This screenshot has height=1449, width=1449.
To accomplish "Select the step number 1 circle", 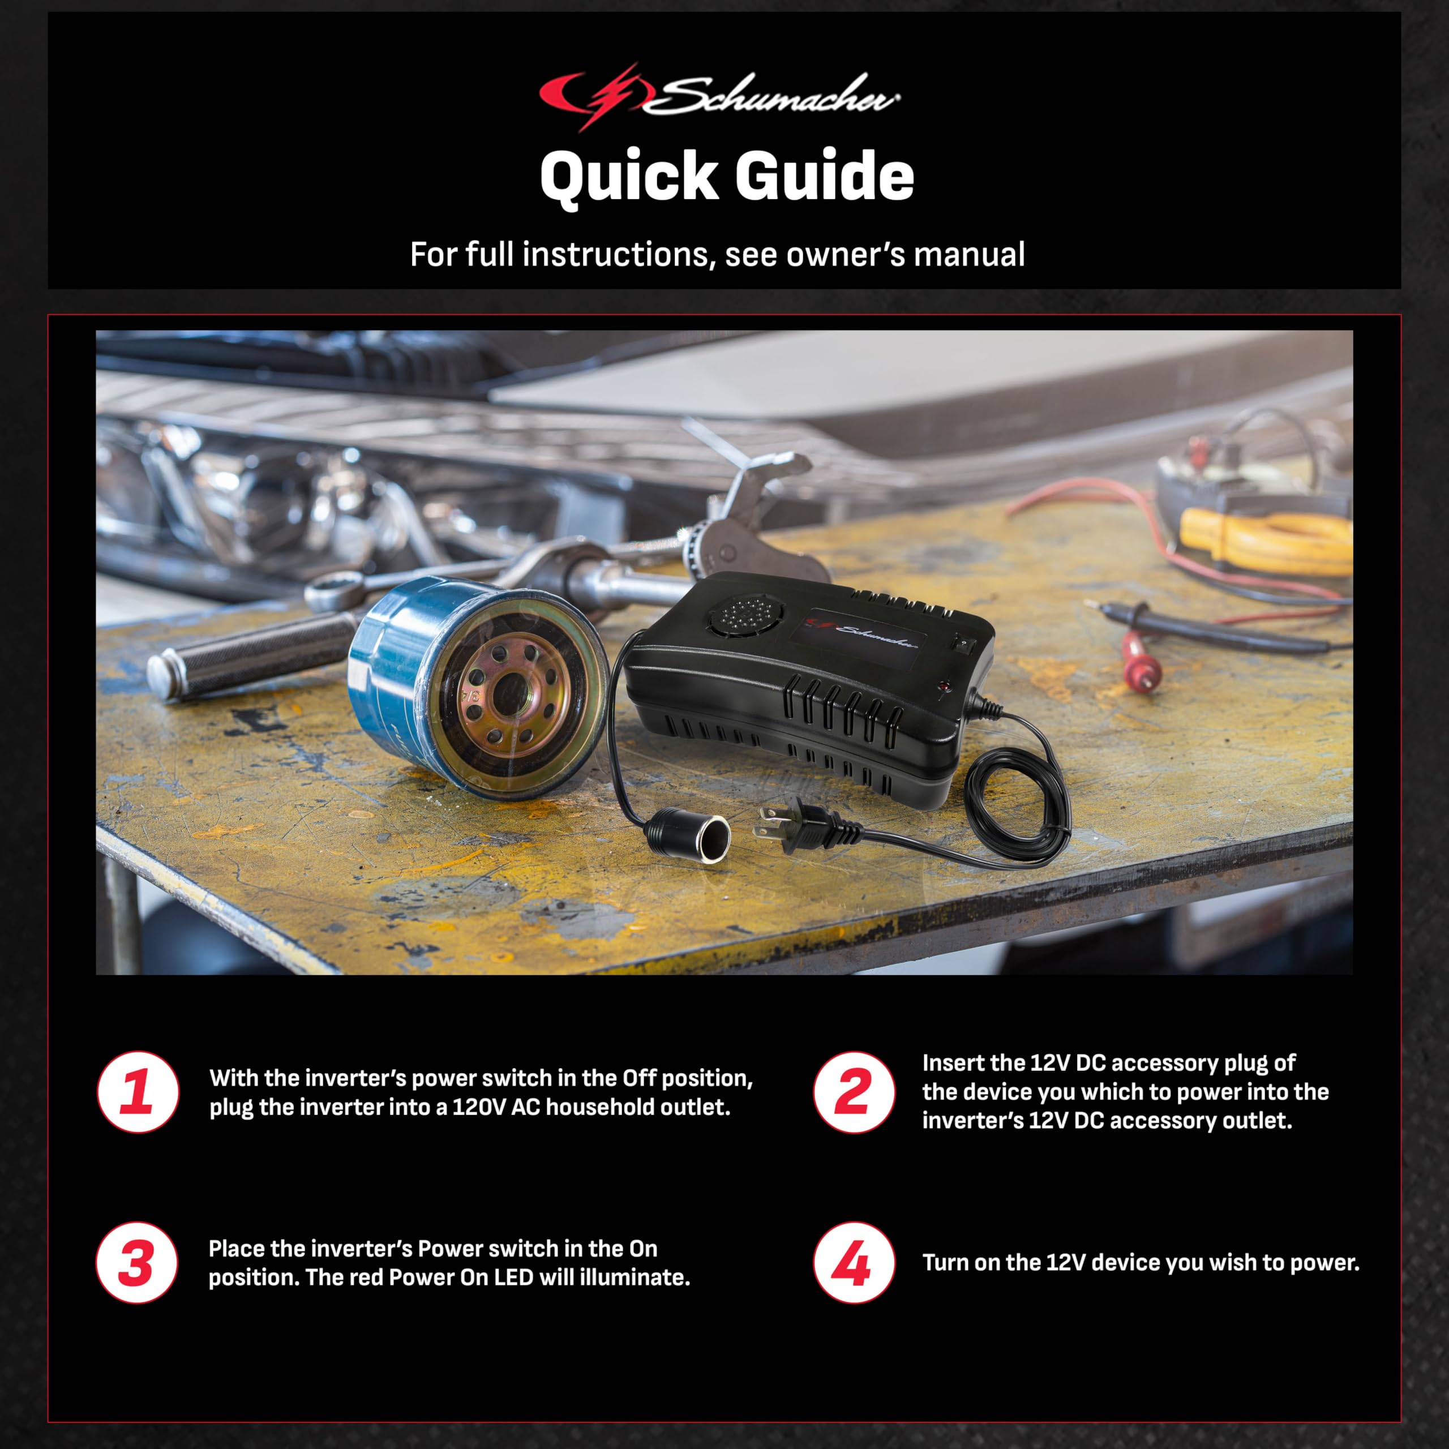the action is [138, 1091].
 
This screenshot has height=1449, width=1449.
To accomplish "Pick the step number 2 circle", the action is [854, 1091].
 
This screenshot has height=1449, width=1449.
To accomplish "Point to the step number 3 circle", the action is [136, 1263].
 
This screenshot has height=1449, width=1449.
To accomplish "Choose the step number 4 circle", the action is [854, 1263].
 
